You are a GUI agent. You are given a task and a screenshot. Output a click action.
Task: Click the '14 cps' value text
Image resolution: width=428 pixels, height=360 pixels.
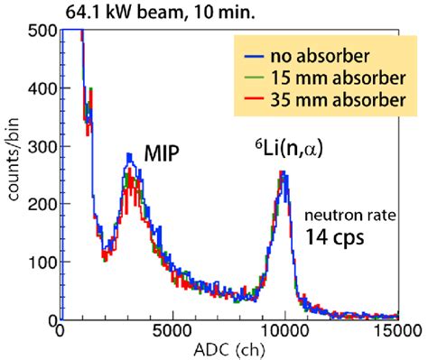tap(336, 238)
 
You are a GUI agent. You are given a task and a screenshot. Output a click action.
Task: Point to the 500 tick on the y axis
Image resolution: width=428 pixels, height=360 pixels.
tap(42, 30)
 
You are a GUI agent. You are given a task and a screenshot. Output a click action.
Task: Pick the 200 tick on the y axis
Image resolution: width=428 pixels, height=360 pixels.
tap(42, 204)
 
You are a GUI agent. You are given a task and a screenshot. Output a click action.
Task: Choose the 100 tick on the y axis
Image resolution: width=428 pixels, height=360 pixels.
tap(42, 262)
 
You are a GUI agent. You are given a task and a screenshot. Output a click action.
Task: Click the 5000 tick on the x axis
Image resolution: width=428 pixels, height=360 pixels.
tap(172, 331)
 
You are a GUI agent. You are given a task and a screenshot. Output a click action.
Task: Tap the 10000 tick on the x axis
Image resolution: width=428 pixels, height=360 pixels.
tap(284, 331)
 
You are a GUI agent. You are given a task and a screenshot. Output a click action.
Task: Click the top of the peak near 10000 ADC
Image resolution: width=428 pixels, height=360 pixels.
tap(284, 171)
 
